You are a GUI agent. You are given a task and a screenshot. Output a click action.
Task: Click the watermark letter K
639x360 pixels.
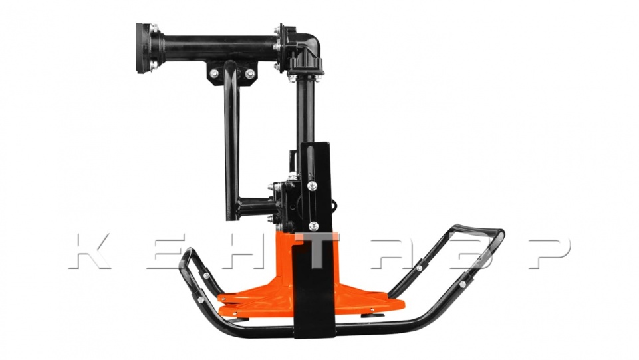click(x=90, y=251)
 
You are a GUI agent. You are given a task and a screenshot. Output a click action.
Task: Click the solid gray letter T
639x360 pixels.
click(x=317, y=250)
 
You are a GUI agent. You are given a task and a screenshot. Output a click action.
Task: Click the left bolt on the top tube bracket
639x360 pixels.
click(x=214, y=73)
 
